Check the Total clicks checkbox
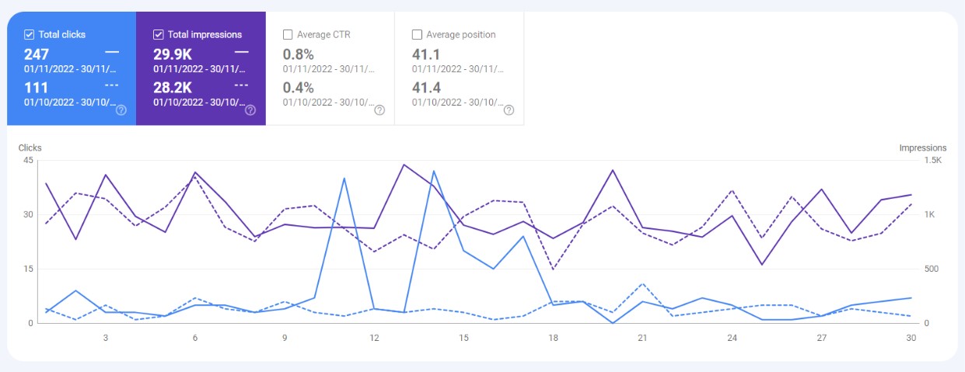pyautogui.click(x=30, y=34)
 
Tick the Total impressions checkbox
pyautogui.click(x=159, y=34)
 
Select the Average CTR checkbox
pyautogui.click(x=288, y=34)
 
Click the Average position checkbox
pyautogui.click(x=417, y=34)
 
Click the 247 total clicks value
pyautogui.click(x=37, y=54)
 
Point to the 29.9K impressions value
pyautogui.click(x=172, y=54)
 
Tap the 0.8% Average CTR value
pyautogui.click(x=298, y=54)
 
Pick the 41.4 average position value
pyautogui.click(x=427, y=88)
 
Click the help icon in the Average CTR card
pyautogui.click(x=379, y=110)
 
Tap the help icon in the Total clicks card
pyautogui.click(x=121, y=110)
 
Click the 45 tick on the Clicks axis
pyautogui.click(x=28, y=161)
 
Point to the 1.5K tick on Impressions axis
pyautogui.click(x=932, y=161)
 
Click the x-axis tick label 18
pyautogui.click(x=553, y=338)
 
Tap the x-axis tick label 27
pyautogui.click(x=821, y=338)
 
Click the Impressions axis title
pyautogui.click(x=922, y=148)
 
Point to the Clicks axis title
pyautogui.click(x=30, y=148)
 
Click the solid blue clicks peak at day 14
pyautogui.click(x=433, y=171)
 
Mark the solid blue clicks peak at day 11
pyautogui.click(x=344, y=179)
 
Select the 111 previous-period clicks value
pyautogui.click(x=36, y=88)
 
